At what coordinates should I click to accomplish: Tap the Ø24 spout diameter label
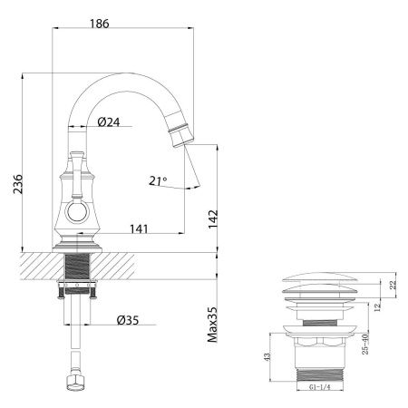point(110,121)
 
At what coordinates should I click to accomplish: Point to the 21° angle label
point(158,181)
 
